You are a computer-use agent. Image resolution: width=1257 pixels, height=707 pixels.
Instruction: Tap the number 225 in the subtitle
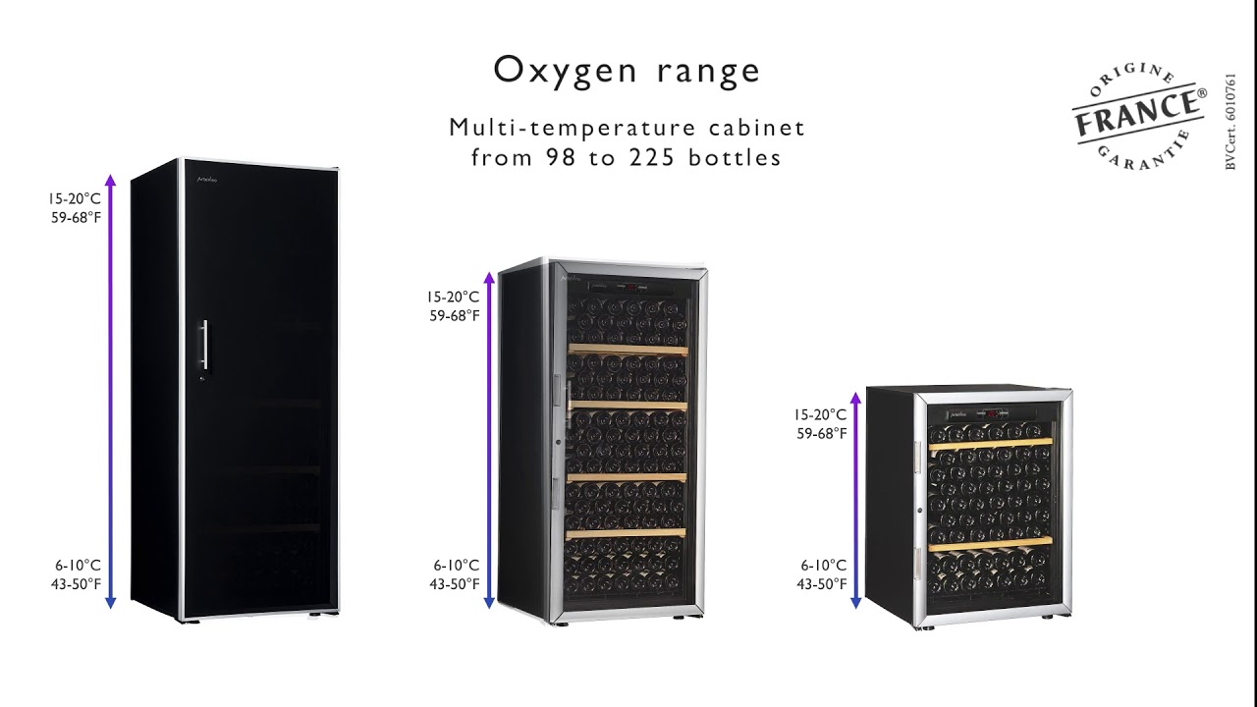coord(651,158)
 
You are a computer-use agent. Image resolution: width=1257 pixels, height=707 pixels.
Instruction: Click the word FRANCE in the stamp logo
coord(1137,114)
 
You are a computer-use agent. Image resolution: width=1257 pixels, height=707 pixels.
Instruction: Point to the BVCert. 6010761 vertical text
coord(1230,121)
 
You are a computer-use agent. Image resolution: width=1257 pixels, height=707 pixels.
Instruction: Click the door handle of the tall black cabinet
coord(205,345)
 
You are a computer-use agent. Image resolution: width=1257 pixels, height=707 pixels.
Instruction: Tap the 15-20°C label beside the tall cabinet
coord(74,198)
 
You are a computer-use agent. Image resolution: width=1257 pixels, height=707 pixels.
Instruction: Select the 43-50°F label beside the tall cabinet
coord(76,584)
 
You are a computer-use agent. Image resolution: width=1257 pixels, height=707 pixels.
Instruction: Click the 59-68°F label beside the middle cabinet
coord(455,316)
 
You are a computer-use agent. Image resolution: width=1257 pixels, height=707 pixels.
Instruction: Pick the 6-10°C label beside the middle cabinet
coord(456,565)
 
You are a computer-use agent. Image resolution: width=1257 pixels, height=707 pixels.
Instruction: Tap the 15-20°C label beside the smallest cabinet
coord(820,414)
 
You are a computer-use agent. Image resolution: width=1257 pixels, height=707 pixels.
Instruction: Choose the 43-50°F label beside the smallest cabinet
coord(822,584)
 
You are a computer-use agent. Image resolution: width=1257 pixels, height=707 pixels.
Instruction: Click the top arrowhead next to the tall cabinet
coord(111,180)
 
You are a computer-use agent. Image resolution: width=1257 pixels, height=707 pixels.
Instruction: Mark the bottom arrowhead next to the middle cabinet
coord(489,603)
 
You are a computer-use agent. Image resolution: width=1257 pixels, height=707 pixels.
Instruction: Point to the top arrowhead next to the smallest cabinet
coord(855,398)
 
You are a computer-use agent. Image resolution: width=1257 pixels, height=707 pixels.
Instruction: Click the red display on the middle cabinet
coord(631,288)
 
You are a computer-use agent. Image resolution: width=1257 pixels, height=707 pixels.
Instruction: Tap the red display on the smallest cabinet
coord(993,413)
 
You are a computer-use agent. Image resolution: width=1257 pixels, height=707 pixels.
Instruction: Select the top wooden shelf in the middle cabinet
coord(628,351)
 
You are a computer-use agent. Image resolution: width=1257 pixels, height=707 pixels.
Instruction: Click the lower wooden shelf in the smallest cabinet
coord(991,543)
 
